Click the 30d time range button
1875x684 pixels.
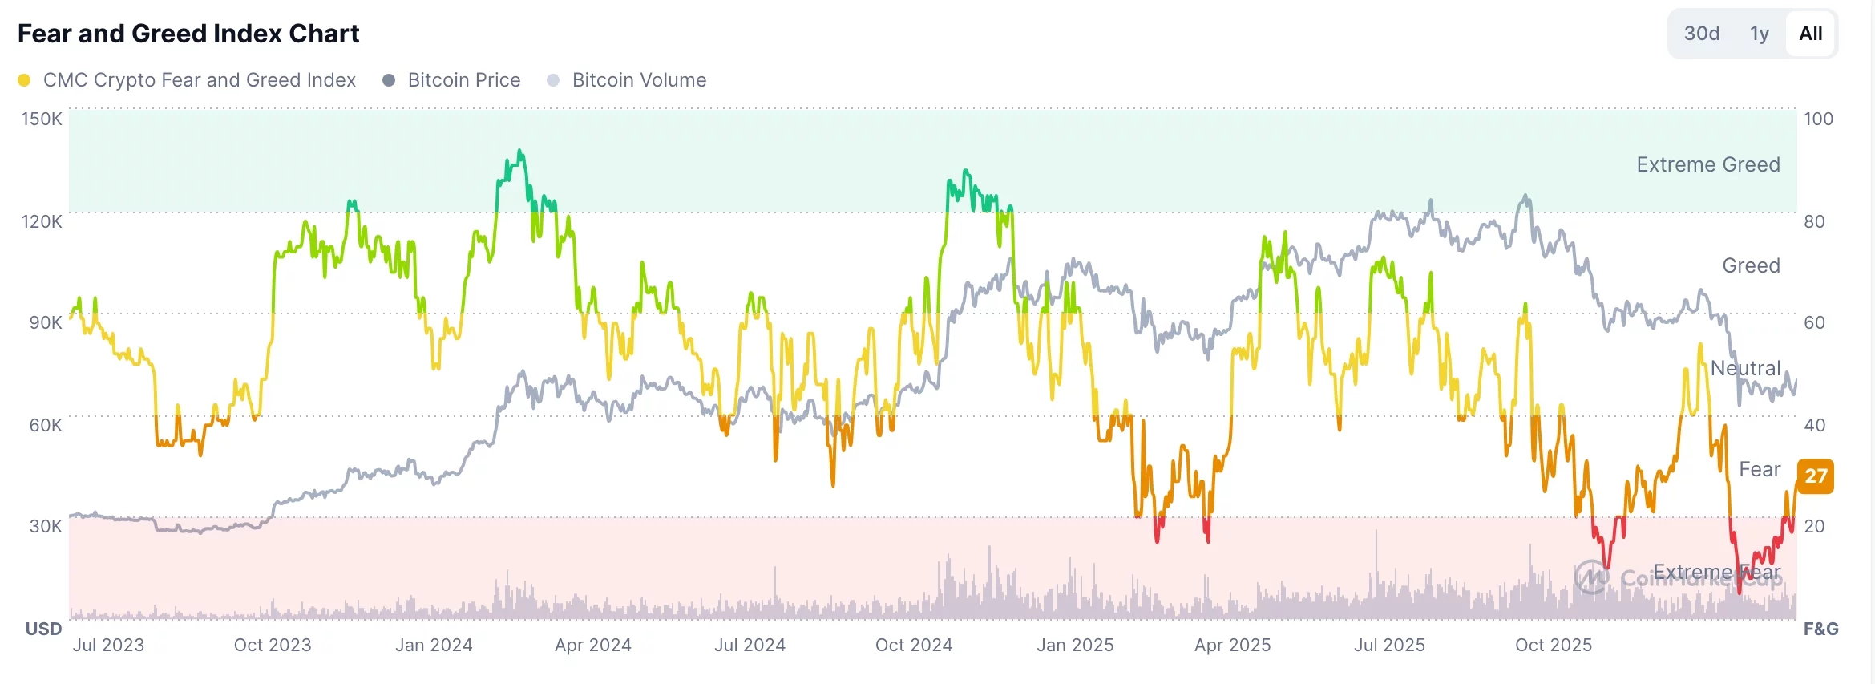(1701, 34)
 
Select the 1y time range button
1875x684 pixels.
(1759, 34)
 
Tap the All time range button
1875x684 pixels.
(1810, 34)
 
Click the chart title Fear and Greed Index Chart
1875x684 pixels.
(188, 34)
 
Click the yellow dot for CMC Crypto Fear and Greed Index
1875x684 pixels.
(24, 80)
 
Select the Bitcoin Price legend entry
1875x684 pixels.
(463, 80)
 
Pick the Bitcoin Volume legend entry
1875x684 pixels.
(638, 80)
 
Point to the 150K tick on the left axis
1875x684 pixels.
(42, 119)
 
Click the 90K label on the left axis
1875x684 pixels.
(45, 322)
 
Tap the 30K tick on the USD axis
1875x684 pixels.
(45, 526)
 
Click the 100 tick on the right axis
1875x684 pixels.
(1818, 119)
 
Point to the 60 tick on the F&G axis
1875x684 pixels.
(1814, 322)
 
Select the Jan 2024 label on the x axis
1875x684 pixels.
(434, 645)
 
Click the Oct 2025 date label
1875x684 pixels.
(1553, 645)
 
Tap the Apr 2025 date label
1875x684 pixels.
(1232, 645)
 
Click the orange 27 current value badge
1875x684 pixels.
(1816, 476)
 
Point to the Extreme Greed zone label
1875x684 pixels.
(1707, 164)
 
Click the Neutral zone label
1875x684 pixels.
(1745, 368)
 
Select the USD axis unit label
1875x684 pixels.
(43, 629)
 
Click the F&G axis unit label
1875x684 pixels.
(1820, 629)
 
